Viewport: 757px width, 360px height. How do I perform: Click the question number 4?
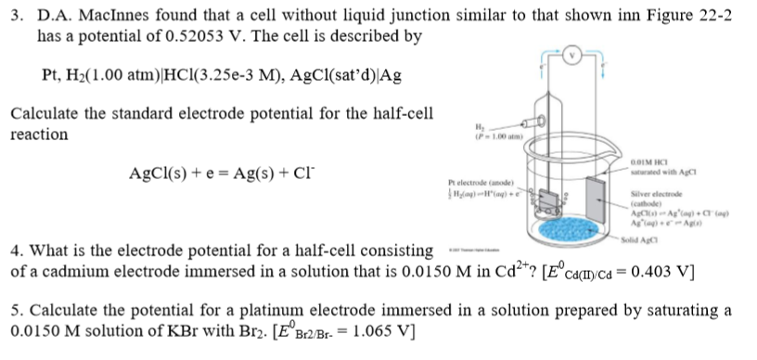coord(14,250)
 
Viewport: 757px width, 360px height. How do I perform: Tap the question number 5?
coord(14,310)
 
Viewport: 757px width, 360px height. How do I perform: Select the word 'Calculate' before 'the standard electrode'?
coord(44,113)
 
